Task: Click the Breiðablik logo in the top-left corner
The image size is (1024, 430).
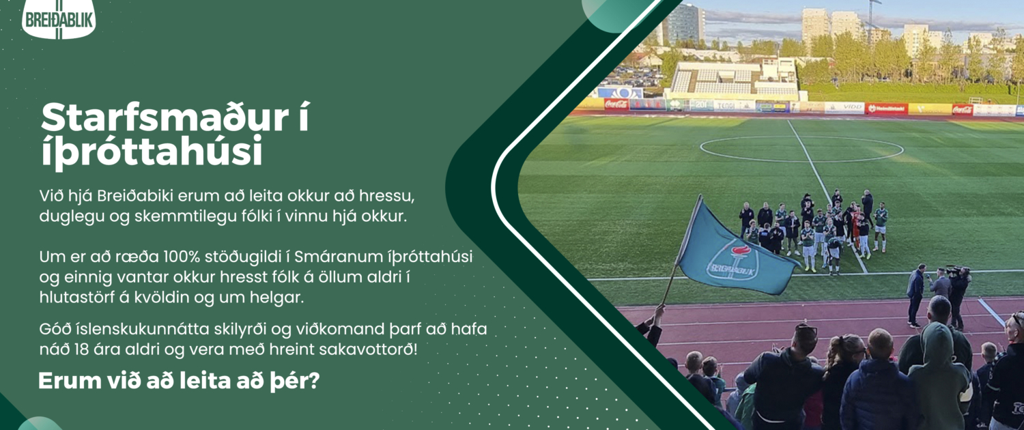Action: (x=59, y=18)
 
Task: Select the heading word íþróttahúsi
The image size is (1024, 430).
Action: (x=152, y=151)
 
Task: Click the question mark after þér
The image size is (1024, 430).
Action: (x=314, y=381)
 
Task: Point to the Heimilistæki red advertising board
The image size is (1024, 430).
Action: (x=886, y=109)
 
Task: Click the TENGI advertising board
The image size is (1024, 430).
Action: (x=734, y=106)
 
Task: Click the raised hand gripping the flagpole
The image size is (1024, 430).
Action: (x=658, y=311)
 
